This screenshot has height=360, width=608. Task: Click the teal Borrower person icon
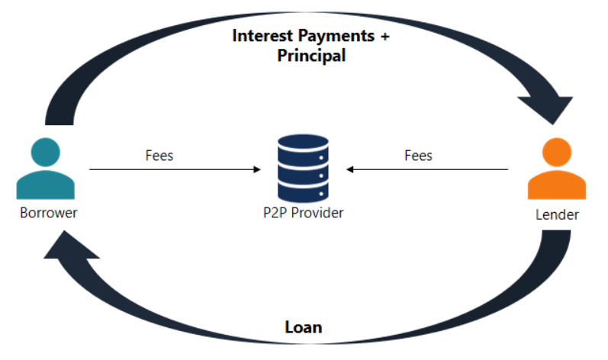(46, 169)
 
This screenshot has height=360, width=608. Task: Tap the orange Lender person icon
(557, 169)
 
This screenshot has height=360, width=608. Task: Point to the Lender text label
(557, 215)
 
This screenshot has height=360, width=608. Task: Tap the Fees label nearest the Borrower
(159, 156)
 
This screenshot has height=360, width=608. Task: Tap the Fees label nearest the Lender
(418, 156)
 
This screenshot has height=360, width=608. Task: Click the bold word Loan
(304, 327)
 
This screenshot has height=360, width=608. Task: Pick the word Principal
(311, 56)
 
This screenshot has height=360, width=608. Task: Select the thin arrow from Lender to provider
(427, 169)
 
